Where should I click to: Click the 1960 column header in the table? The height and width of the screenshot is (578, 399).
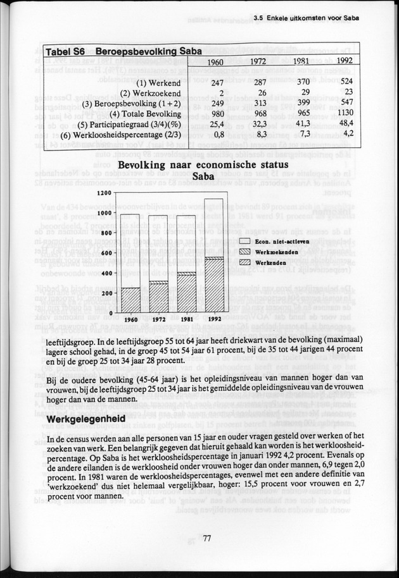coord(217,63)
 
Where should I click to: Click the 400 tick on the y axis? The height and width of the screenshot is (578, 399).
coord(106,273)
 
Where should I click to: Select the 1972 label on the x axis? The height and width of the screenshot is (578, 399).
coord(159,319)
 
